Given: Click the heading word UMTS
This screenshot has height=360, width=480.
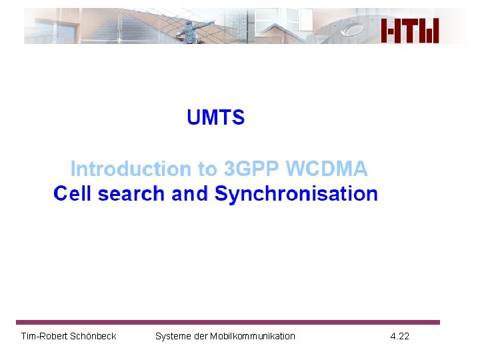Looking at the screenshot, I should coord(215,118).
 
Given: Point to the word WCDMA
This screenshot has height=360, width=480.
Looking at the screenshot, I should coord(327,169).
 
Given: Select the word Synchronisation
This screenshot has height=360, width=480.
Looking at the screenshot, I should coord(297,194).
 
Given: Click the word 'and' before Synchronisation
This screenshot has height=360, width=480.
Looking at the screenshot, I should coord(190,194).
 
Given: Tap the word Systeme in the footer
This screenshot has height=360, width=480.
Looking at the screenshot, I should coord(172,336).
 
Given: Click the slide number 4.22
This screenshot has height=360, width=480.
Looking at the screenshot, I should coord(400,336).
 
